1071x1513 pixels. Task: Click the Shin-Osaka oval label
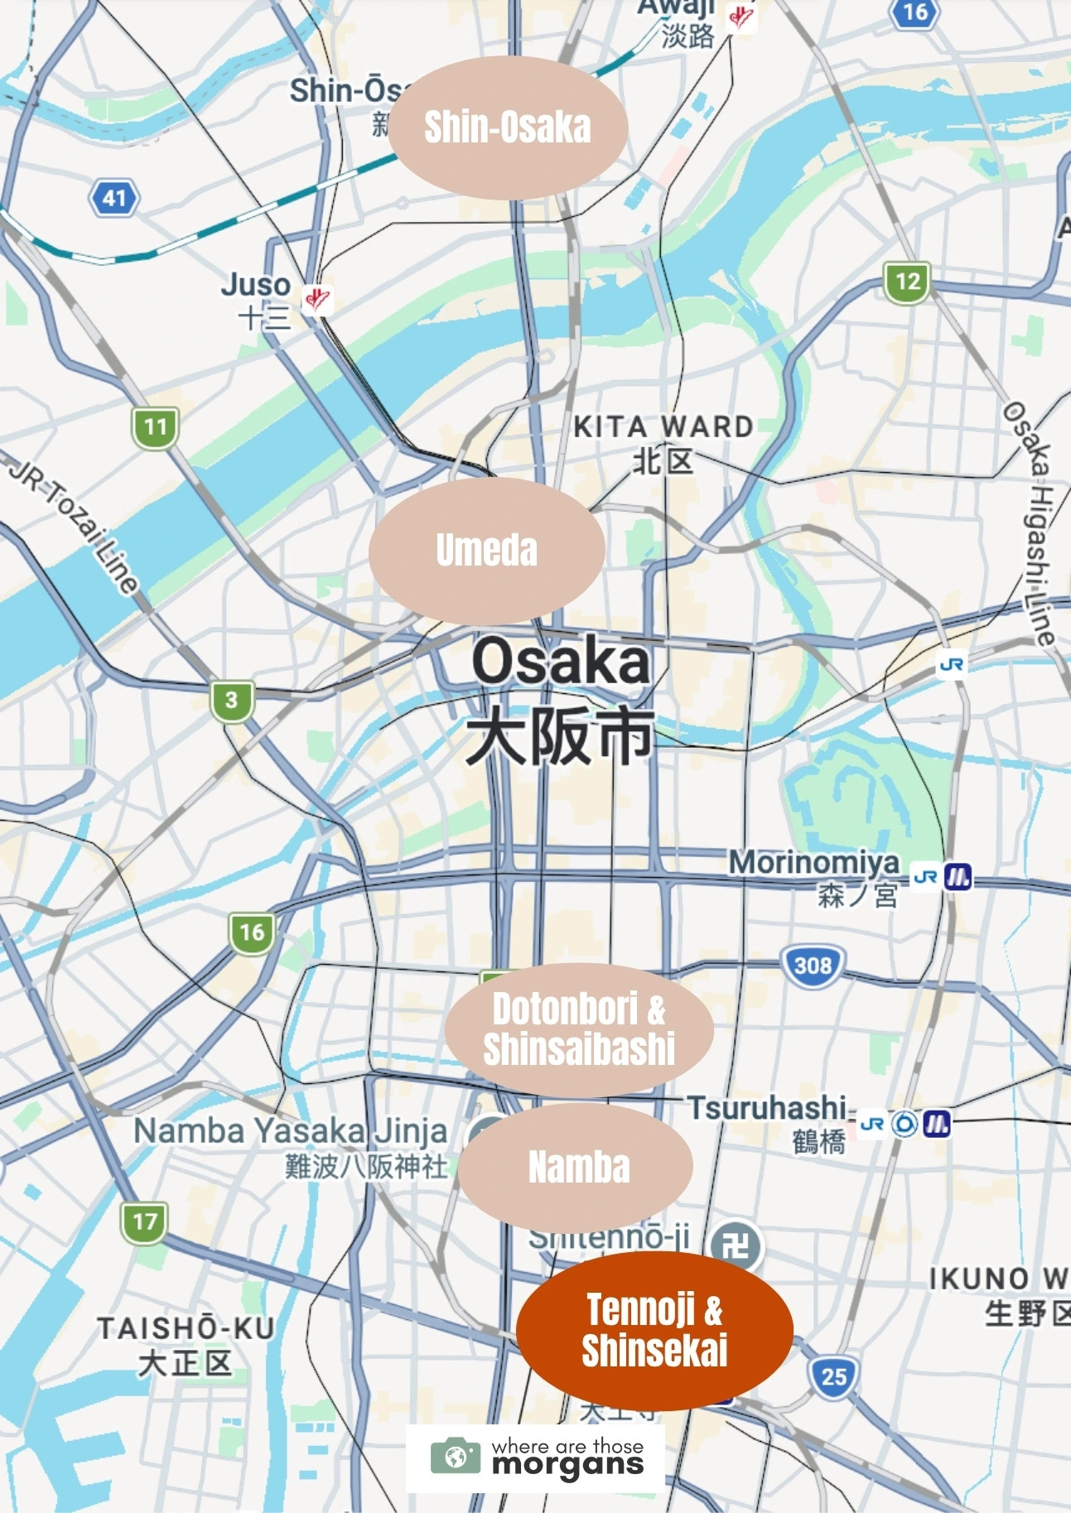click(507, 128)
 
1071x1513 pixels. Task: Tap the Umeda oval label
click(487, 550)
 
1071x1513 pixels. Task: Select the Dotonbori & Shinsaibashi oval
click(579, 1029)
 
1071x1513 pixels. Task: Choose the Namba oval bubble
click(577, 1167)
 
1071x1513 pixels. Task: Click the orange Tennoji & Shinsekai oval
click(654, 1330)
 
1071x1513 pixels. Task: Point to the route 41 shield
click(114, 198)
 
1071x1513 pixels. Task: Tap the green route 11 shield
click(155, 427)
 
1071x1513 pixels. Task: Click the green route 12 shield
click(907, 282)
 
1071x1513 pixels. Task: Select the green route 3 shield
click(231, 700)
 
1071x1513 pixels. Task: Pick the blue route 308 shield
click(813, 965)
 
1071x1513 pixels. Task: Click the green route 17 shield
click(144, 1221)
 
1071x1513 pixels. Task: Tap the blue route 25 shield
click(833, 1376)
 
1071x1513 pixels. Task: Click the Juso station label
click(256, 298)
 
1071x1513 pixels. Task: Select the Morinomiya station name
click(813, 863)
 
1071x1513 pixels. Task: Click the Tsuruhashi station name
click(767, 1108)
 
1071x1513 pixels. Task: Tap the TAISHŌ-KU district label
click(186, 1344)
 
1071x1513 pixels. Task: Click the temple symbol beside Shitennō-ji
click(736, 1246)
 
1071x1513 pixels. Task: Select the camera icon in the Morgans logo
click(456, 1456)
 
